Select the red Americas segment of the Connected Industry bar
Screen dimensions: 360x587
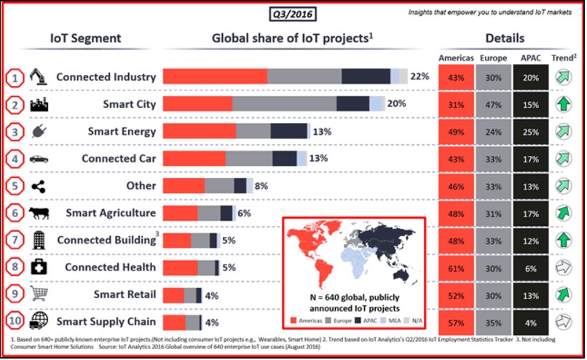click(215, 77)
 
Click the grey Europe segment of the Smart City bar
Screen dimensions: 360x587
click(284, 104)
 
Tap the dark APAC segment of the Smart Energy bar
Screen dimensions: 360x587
click(288, 132)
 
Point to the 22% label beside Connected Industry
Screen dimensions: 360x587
click(419, 77)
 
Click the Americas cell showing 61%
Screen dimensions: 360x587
click(456, 267)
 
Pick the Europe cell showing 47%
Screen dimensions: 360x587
click(493, 104)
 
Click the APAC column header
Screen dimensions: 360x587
click(532, 57)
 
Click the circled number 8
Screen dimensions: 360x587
click(15, 267)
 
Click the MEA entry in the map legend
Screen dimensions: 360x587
click(385, 320)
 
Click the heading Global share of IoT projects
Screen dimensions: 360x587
click(288, 39)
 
